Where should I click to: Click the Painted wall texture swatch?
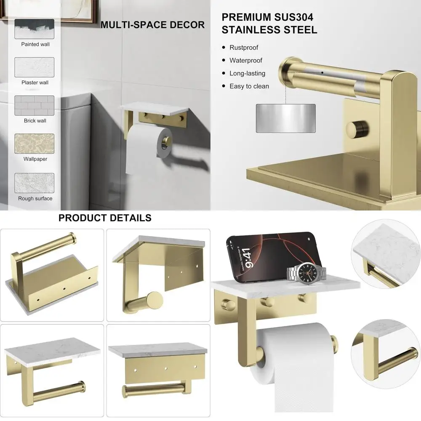tap(35, 29)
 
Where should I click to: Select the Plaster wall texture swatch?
tap(35, 67)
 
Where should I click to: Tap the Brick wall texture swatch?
tap(35, 105)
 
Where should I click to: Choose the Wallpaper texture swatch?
tap(35, 144)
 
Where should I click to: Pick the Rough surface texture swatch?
tap(35, 183)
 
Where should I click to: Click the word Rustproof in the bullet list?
tap(244, 48)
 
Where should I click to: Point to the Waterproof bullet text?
tap(245, 60)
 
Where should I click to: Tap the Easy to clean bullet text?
tap(249, 86)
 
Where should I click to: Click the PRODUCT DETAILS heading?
tap(105, 218)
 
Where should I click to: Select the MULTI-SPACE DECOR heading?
tap(152, 25)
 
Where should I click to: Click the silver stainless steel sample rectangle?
tap(285, 118)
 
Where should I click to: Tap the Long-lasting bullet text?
tap(247, 73)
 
